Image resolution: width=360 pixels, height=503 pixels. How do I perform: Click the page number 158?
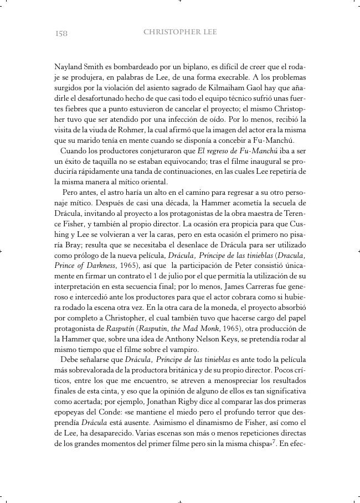[61, 33]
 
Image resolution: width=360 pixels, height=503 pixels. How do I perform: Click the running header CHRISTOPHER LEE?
[180, 33]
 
